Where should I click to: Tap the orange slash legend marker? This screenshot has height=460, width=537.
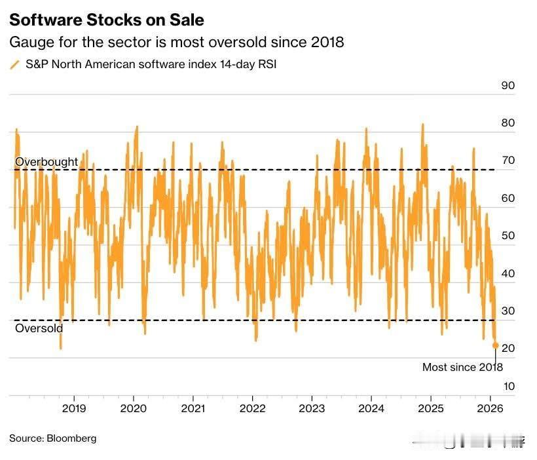coord(14,65)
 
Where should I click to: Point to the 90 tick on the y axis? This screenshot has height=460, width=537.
coord(508,86)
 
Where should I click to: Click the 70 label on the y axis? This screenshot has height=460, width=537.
coord(508,161)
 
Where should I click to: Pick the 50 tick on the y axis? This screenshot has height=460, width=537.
coord(508,236)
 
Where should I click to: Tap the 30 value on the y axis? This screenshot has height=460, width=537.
coord(508,311)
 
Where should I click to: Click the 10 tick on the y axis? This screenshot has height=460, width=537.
coord(508,386)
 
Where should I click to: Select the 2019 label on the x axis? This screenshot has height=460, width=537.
coord(74,408)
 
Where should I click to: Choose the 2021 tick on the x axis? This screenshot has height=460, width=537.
coord(193,408)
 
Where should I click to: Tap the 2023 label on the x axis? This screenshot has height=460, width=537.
coord(312,408)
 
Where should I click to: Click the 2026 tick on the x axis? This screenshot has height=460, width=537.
coord(491,408)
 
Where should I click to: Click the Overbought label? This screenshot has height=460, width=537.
coord(46,162)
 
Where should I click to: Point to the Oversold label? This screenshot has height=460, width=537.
coord(39,328)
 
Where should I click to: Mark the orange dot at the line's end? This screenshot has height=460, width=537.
coord(495,345)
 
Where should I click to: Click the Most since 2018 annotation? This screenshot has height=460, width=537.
coord(462,367)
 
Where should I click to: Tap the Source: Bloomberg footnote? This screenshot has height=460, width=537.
coord(52,438)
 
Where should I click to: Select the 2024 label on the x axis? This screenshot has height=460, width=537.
coord(371,408)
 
